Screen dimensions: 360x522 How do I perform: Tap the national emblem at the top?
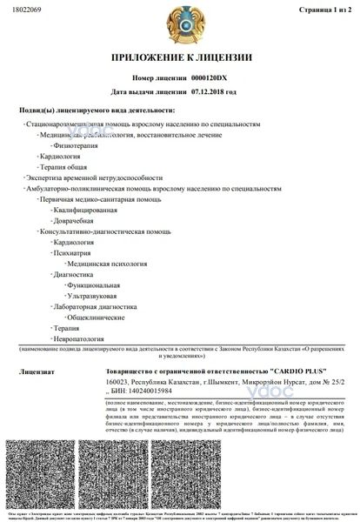[x=179, y=27]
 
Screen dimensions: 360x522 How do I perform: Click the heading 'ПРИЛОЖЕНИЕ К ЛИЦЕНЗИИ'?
[x=180, y=58]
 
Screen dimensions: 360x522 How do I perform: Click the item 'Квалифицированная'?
[x=86, y=210]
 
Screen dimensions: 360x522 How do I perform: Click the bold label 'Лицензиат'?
[x=36, y=371]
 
